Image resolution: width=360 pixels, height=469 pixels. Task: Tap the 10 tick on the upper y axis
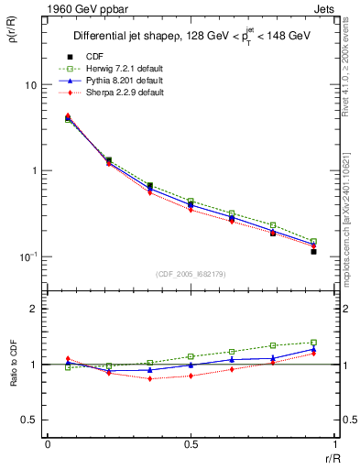click(30, 85)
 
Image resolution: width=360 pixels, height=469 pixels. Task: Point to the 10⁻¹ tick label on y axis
click(27, 256)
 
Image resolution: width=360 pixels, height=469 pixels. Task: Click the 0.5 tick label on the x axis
click(190, 444)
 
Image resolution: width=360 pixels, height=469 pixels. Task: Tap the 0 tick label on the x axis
click(48, 444)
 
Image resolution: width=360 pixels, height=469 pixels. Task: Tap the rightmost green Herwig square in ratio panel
click(313, 343)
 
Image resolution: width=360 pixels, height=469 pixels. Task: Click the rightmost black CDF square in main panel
click(313, 251)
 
